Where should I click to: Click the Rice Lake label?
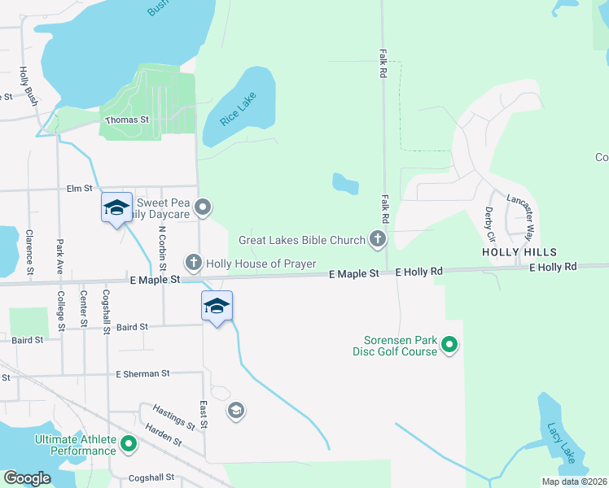coord(238,109)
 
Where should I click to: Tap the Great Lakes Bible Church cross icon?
coord(377,239)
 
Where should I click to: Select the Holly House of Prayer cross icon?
coord(193,262)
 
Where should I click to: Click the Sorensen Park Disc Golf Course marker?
coord(449,346)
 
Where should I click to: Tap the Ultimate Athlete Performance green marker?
coord(128,444)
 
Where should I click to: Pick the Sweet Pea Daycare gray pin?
coord(204,207)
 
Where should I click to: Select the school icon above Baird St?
coord(217,306)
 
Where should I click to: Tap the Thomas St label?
coord(128,120)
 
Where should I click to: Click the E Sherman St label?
coord(142,373)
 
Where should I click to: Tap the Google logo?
coord(27,477)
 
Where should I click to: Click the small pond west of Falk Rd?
coord(345,183)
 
